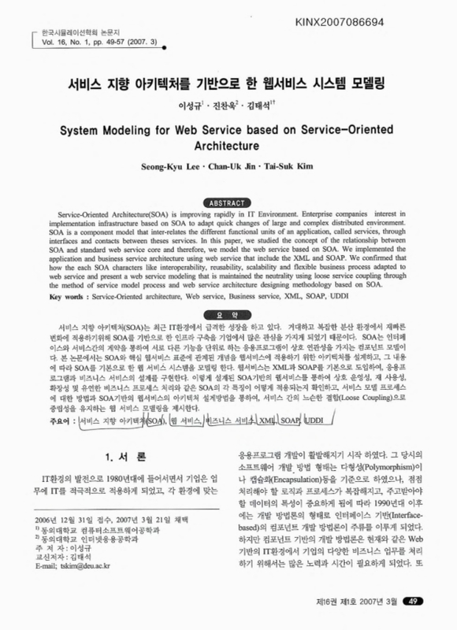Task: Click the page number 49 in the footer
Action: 418,602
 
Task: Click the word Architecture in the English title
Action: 228,146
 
